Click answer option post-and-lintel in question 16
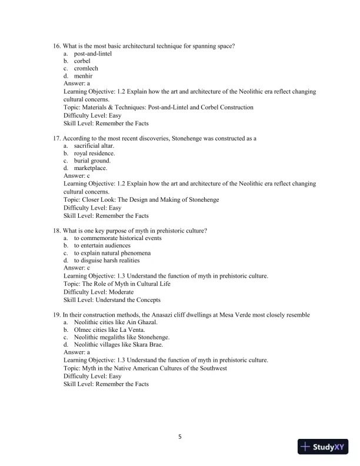click(x=93, y=54)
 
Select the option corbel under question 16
click(x=83, y=61)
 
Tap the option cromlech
click(x=86, y=69)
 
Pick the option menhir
click(x=84, y=76)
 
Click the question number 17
click(x=56, y=138)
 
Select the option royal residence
click(x=94, y=153)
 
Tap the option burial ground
click(x=92, y=161)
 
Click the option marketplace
click(x=91, y=168)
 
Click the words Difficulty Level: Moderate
click(x=98, y=292)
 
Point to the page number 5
click(x=180, y=437)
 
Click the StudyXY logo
click(x=324, y=447)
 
